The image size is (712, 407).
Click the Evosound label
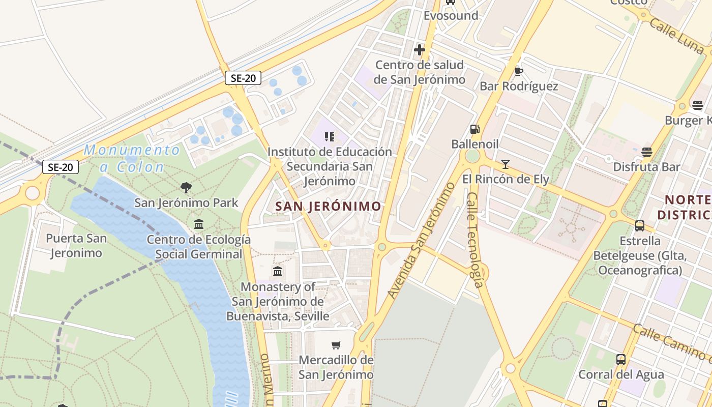[451, 15]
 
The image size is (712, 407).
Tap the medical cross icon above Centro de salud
[420, 50]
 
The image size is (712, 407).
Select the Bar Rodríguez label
[519, 86]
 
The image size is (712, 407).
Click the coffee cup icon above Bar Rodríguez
[519, 71]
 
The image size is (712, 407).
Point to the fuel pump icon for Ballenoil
[474, 129]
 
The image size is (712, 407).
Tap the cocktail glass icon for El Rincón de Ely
[505, 164]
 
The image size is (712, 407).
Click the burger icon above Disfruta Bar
[647, 152]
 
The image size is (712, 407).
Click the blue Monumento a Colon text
[132, 158]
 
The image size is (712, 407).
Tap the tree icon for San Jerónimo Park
[186, 188]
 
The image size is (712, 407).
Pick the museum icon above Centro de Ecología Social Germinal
[199, 224]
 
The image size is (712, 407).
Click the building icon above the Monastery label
[278, 271]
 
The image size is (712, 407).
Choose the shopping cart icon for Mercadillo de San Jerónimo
[336, 345]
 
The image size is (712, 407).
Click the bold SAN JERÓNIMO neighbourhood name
[328, 206]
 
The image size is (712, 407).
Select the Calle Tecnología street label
[474, 239]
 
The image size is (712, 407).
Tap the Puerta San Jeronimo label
[76, 245]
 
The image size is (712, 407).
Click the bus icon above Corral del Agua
[621, 360]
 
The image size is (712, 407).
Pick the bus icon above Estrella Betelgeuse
[640, 225]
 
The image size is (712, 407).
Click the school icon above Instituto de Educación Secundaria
[330, 136]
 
